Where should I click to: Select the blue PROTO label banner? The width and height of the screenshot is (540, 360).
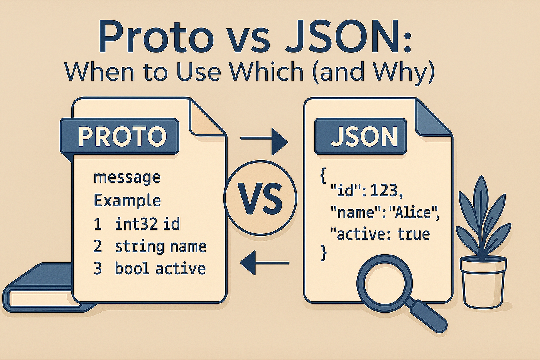pyautogui.click(x=120, y=136)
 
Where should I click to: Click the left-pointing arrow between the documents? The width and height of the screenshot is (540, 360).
pyautogui.click(x=264, y=263)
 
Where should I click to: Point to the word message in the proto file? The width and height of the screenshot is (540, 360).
pyautogui.click(x=127, y=177)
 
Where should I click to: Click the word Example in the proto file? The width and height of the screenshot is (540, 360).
pyautogui.click(x=127, y=201)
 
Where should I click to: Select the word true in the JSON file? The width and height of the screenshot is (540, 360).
pyautogui.click(x=414, y=235)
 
